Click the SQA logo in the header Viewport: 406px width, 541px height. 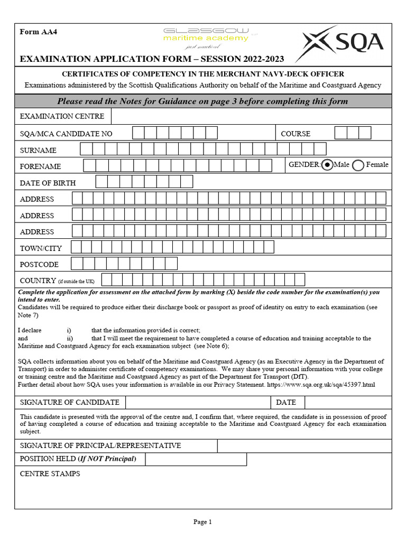tap(339, 43)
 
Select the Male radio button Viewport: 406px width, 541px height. tap(328, 165)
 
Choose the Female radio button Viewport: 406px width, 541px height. tap(358, 165)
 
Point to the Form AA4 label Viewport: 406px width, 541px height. tap(38, 32)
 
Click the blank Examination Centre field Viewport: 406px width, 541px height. tap(251, 116)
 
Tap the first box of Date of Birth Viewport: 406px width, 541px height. tap(101, 182)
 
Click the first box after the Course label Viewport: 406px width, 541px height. tap(341, 133)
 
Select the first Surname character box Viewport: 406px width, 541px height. tap(86, 150)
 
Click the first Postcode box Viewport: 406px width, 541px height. tap(77, 264)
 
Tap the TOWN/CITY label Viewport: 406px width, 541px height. tap(41, 248)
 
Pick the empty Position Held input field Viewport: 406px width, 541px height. tap(196, 459)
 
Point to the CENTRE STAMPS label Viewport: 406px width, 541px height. tap(50, 474)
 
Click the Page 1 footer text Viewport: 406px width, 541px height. tap(202, 522)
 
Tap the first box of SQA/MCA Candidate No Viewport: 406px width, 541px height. tap(138, 133)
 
